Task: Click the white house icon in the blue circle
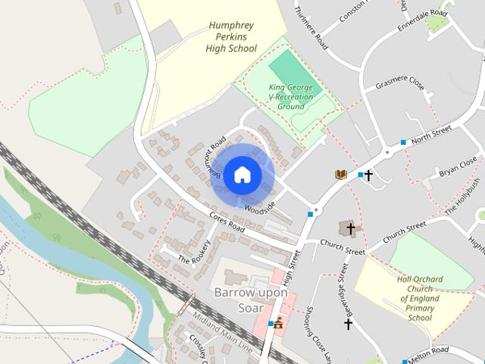[x=241, y=175]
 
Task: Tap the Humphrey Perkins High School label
[x=231, y=36]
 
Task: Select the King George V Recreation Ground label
[x=295, y=97]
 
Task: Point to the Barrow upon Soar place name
[x=250, y=300]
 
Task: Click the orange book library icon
[x=342, y=175]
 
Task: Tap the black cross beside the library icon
[x=368, y=176]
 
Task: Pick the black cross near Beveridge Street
[x=348, y=324]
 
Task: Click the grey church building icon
[x=349, y=227]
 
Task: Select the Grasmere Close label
[x=399, y=82]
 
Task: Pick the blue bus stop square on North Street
[x=404, y=143]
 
